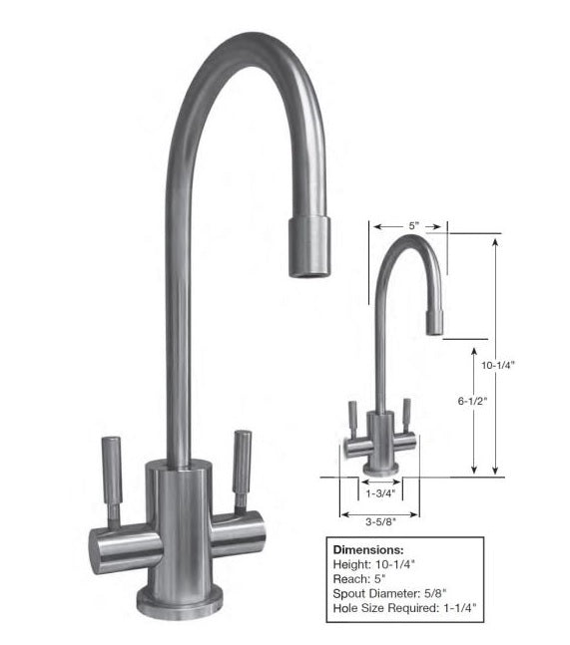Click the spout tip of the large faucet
308,249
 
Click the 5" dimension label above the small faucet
411,226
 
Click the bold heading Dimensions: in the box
368,548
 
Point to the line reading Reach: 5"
361,578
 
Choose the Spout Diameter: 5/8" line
391,593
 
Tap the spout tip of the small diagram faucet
435,325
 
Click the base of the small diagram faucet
378,468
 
